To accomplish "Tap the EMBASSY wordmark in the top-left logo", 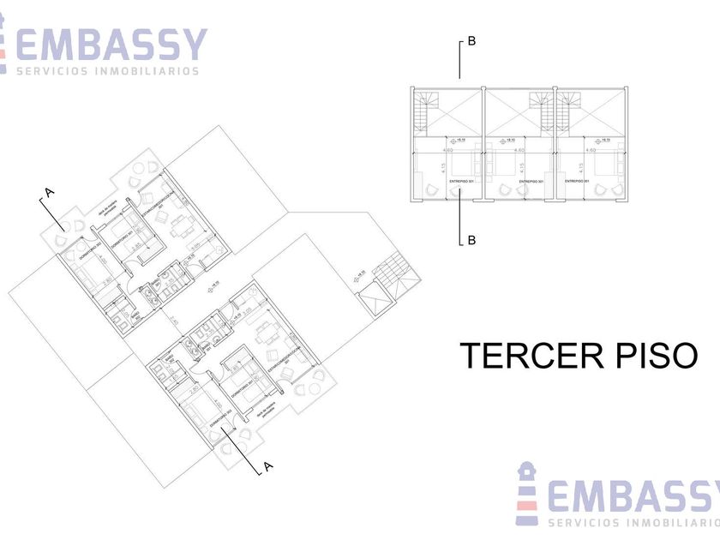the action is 112,44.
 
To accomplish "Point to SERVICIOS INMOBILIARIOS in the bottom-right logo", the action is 634,523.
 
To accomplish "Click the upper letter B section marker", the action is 471,41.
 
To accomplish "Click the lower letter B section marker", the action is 471,241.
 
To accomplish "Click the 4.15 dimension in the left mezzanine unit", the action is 442,170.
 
